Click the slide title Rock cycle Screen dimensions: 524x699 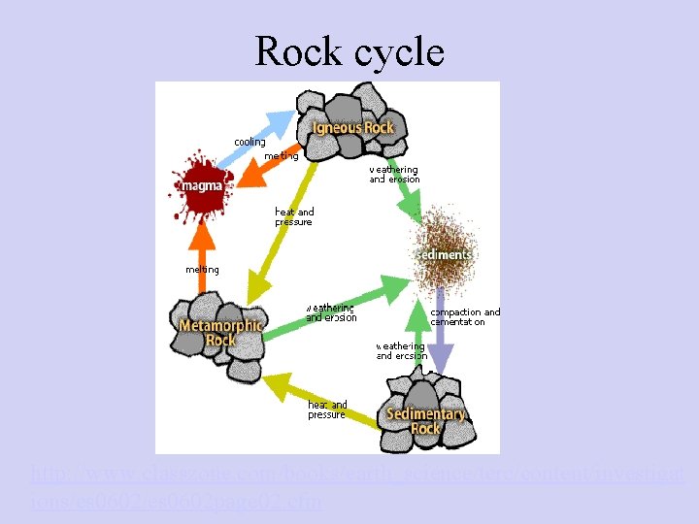pyautogui.click(x=349, y=50)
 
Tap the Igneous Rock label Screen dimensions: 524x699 pyautogui.click(x=352, y=128)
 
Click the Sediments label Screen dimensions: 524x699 pyautogui.click(x=444, y=254)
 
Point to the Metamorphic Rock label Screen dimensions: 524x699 pyautogui.click(x=220, y=333)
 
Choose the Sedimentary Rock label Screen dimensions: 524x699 pyautogui.click(x=426, y=420)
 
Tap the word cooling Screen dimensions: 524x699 pyautogui.click(x=250, y=142)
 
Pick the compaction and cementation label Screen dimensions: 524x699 pyautogui.click(x=465, y=317)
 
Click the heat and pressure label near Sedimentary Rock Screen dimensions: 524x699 pyautogui.click(x=326, y=409)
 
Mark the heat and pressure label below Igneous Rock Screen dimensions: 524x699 pyautogui.click(x=294, y=216)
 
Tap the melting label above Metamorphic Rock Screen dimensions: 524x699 pyautogui.click(x=202, y=269)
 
